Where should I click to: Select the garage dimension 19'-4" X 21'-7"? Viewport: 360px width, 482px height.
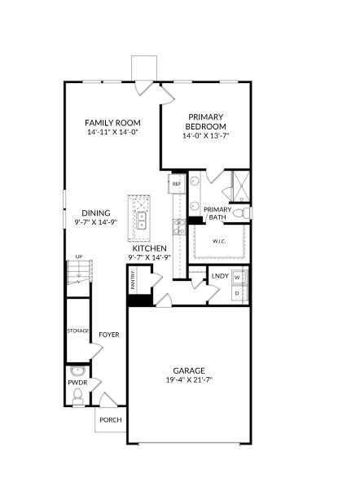188,380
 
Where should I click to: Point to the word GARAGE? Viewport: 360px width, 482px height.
188,370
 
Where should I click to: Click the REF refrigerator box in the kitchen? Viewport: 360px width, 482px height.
176,185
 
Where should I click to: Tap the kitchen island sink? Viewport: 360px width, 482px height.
141,218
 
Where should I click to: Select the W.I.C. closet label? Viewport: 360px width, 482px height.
219,241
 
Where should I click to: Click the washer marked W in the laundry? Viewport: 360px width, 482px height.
238,277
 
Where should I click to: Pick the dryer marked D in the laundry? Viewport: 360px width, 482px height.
238,292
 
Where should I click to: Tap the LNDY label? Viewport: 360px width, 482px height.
219,277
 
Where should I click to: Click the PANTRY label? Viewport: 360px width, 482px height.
133,281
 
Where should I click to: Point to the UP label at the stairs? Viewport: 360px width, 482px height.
78,257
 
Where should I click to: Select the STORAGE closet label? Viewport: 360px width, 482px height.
77,331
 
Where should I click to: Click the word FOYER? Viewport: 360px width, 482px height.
109,335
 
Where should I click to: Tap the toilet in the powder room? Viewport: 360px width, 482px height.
77,396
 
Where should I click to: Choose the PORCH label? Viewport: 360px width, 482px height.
110,420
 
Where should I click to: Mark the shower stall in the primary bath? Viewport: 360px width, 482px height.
235,186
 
